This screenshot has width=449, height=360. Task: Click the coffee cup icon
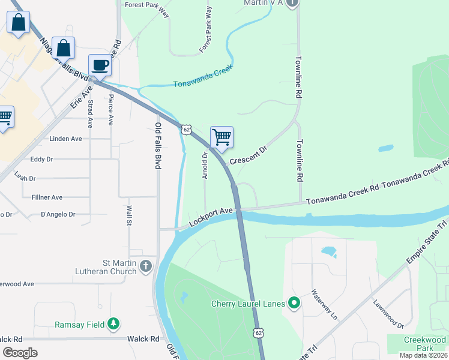(100, 65)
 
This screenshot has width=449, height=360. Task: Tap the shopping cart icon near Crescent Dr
(221, 137)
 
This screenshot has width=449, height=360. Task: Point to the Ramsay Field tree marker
(113, 325)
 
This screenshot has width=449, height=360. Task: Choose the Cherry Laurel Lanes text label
(248, 304)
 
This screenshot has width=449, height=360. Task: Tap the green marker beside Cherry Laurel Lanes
(294, 304)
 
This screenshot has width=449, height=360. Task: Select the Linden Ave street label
(65, 139)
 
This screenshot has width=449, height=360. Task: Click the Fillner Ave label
(43, 197)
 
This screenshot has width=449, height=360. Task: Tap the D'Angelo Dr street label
(58, 214)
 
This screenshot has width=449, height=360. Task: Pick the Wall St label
(129, 215)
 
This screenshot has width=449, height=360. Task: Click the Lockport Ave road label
(210, 217)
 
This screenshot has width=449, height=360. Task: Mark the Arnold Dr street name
(205, 165)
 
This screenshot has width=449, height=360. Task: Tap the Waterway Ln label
(324, 305)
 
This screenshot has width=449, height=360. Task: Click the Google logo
(20, 352)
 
